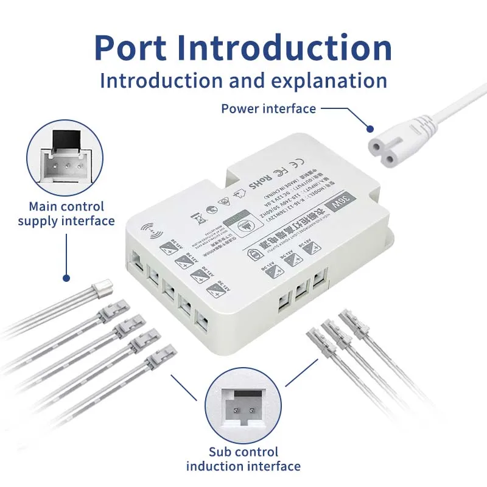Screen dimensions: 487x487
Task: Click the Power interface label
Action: coord(268,109)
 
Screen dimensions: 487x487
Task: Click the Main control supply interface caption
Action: coord(66,214)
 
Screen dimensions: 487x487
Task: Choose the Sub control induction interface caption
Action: coord(243,459)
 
